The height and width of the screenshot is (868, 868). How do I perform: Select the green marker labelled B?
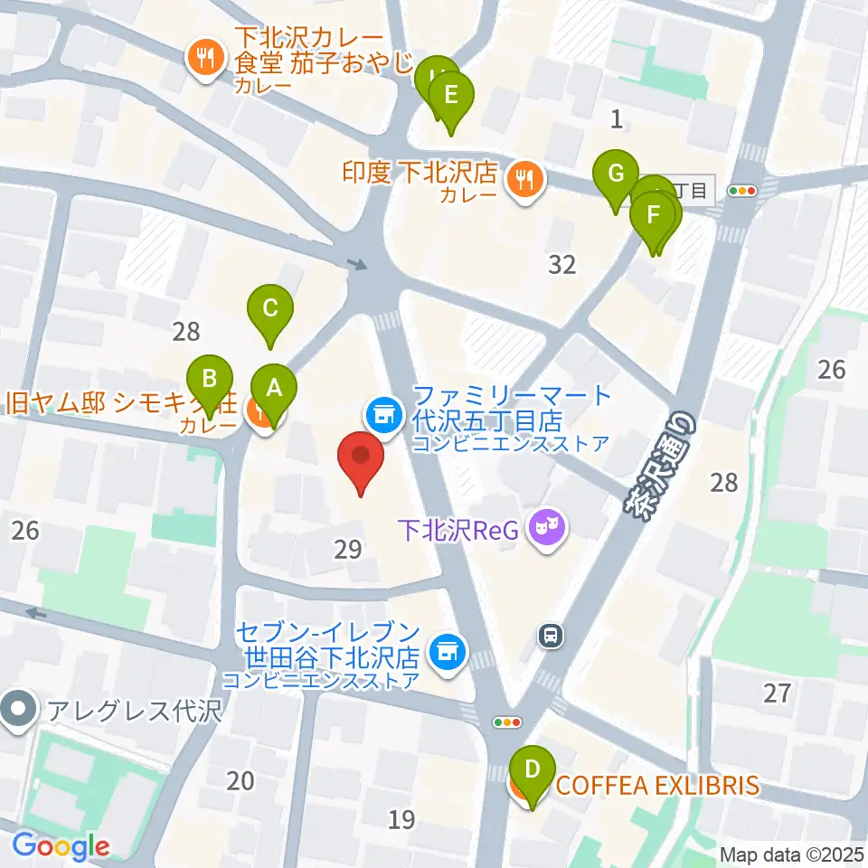point(210,379)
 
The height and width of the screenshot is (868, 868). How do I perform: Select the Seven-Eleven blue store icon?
point(445,648)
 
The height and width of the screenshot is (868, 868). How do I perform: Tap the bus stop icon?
point(549,636)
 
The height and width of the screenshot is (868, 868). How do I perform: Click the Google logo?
point(61,845)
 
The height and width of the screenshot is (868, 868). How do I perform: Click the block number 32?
point(562,264)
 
